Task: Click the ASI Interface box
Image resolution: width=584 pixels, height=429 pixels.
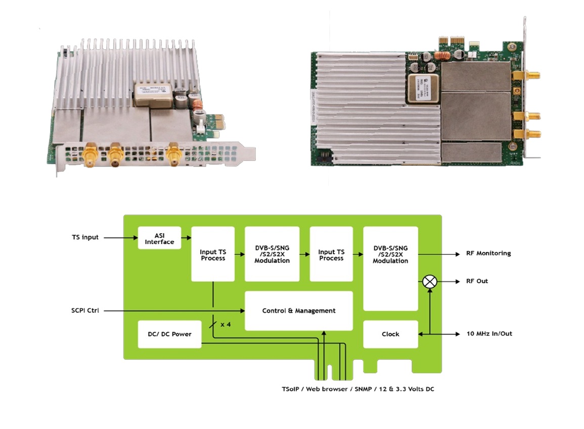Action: [x=159, y=238]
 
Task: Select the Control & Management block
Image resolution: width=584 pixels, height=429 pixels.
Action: [x=298, y=310]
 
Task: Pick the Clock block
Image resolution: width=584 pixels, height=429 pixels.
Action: [x=390, y=334]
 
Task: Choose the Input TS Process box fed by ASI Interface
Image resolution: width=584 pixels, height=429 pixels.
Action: [x=213, y=254]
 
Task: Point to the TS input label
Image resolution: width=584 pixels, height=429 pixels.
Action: [x=85, y=237]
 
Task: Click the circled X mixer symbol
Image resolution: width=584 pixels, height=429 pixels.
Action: [x=429, y=282]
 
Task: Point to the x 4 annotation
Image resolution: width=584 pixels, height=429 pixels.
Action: [x=226, y=325]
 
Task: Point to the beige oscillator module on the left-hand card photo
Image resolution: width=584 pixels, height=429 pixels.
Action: [x=154, y=94]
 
